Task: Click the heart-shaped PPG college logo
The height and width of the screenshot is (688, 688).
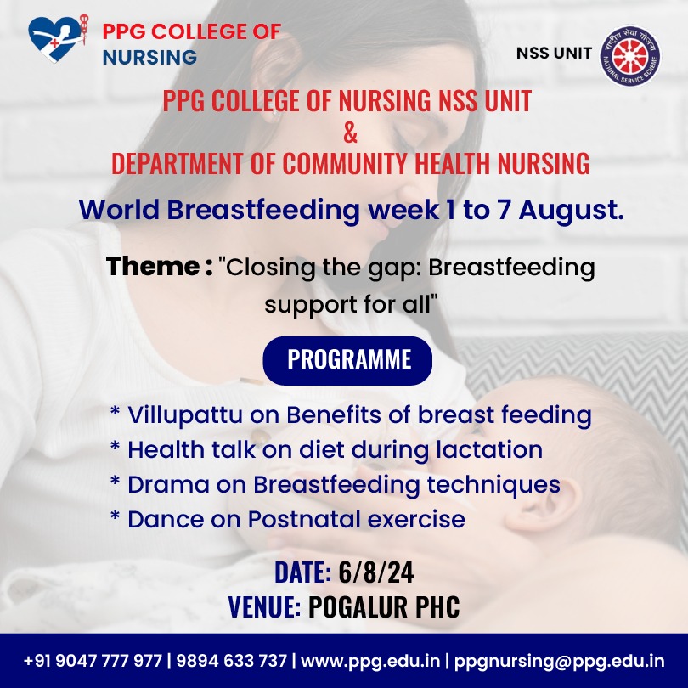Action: pyautogui.click(x=58, y=38)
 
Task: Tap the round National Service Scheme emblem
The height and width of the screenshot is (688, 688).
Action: pyautogui.click(x=630, y=55)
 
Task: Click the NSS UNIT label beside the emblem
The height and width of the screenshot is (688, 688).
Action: pyautogui.click(x=554, y=54)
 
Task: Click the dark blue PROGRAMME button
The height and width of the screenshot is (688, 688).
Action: pyautogui.click(x=347, y=360)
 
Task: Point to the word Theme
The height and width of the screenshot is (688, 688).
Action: pyautogui.click(x=153, y=266)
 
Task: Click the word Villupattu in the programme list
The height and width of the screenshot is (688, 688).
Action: pyautogui.click(x=184, y=415)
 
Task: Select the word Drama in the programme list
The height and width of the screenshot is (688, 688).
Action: pyautogui.click(x=168, y=485)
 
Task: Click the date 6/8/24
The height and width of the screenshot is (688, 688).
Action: pyautogui.click(x=376, y=572)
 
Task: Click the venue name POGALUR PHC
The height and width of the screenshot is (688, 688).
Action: pyautogui.click(x=384, y=606)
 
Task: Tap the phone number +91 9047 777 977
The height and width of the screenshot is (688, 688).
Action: pyautogui.click(x=93, y=660)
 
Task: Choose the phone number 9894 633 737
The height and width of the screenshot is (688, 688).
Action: pyautogui.click(x=232, y=660)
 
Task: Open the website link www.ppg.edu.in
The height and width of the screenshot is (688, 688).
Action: pyautogui.click(x=370, y=661)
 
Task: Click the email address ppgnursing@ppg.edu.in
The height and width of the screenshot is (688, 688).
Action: pyautogui.click(x=560, y=661)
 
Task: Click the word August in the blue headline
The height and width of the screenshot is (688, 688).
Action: pyautogui.click(x=571, y=211)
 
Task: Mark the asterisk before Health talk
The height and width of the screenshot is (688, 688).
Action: pyautogui.click(x=115, y=447)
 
